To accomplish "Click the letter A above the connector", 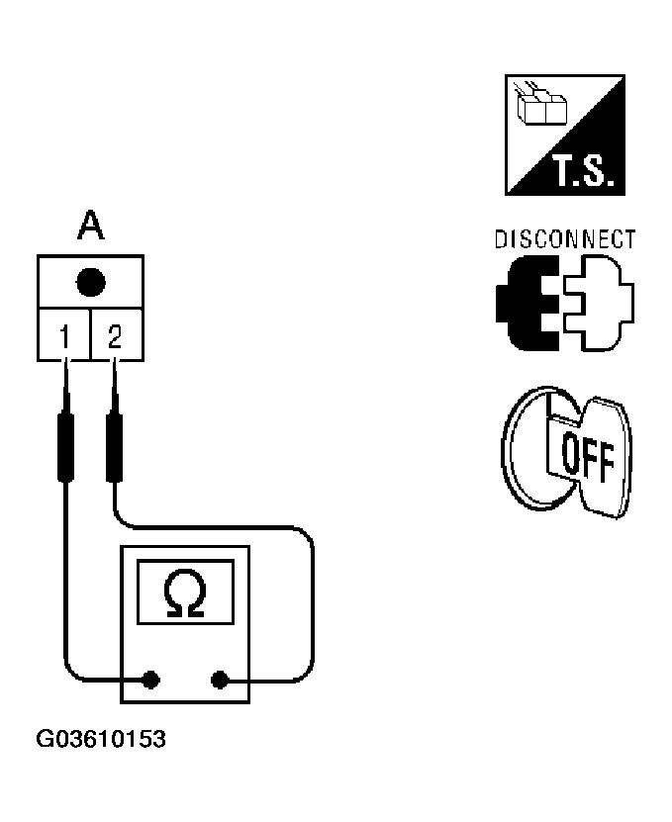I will (90, 228).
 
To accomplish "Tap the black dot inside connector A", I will (90, 283).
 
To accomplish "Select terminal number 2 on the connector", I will (115, 338).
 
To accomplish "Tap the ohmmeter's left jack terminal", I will (150, 680).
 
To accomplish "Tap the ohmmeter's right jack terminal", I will (220, 680).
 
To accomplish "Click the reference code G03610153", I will (101, 740).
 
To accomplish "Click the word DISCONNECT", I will (564, 240).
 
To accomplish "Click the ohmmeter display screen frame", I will (186, 564).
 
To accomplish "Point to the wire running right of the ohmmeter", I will (312, 603).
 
